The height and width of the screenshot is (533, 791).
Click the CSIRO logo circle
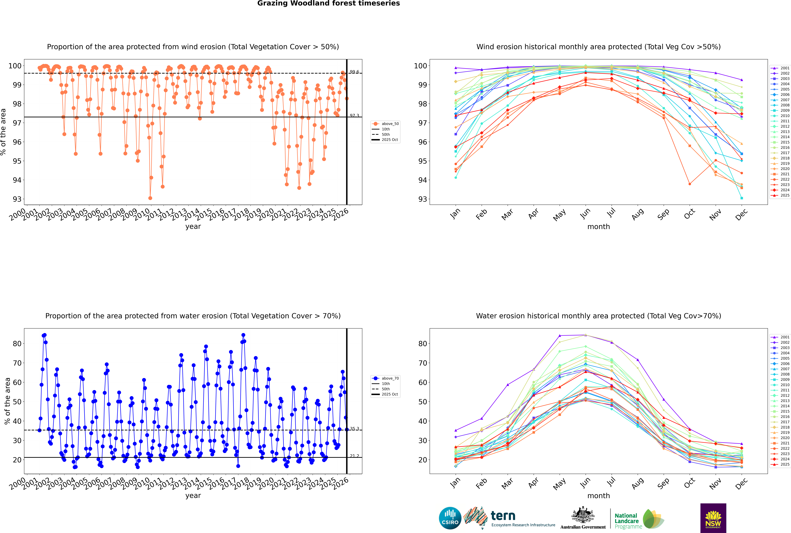450,518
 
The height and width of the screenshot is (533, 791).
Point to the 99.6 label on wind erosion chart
354,72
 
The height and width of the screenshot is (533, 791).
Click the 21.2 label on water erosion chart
354,456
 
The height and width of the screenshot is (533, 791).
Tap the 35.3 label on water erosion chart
354,429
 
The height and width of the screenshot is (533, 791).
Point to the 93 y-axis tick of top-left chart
17,199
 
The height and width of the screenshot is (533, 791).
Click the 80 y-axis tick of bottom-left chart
17,344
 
